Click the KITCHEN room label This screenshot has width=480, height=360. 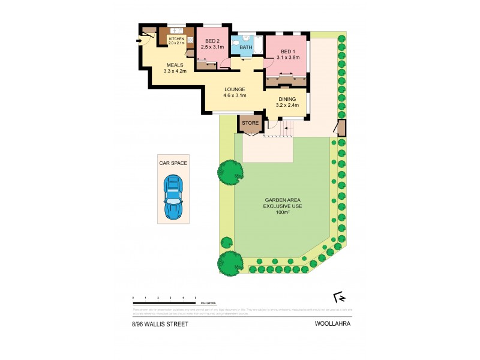176,38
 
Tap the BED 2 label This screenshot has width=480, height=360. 212,40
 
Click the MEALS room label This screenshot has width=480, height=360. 175,65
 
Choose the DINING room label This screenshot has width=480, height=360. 286,100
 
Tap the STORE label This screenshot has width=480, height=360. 250,123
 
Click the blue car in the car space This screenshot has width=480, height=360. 173,196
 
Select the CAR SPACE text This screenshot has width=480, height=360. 173,163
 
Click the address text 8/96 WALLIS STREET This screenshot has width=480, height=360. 160,324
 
